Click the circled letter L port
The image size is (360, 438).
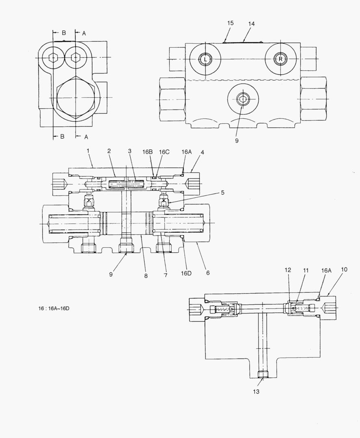point(205,59)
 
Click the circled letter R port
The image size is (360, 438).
point(280,59)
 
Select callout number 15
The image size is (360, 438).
point(230,24)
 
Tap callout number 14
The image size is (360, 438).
point(251,24)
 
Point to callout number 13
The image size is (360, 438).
point(256,391)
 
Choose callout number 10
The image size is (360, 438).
point(344,269)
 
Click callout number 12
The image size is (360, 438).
point(288,269)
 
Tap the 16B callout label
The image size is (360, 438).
point(147,152)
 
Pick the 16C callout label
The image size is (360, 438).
point(164,152)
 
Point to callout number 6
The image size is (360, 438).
point(207,273)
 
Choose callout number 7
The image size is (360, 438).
point(165,275)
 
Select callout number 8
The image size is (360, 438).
point(146,276)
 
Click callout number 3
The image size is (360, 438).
point(129,151)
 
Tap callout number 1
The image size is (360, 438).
point(87,151)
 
